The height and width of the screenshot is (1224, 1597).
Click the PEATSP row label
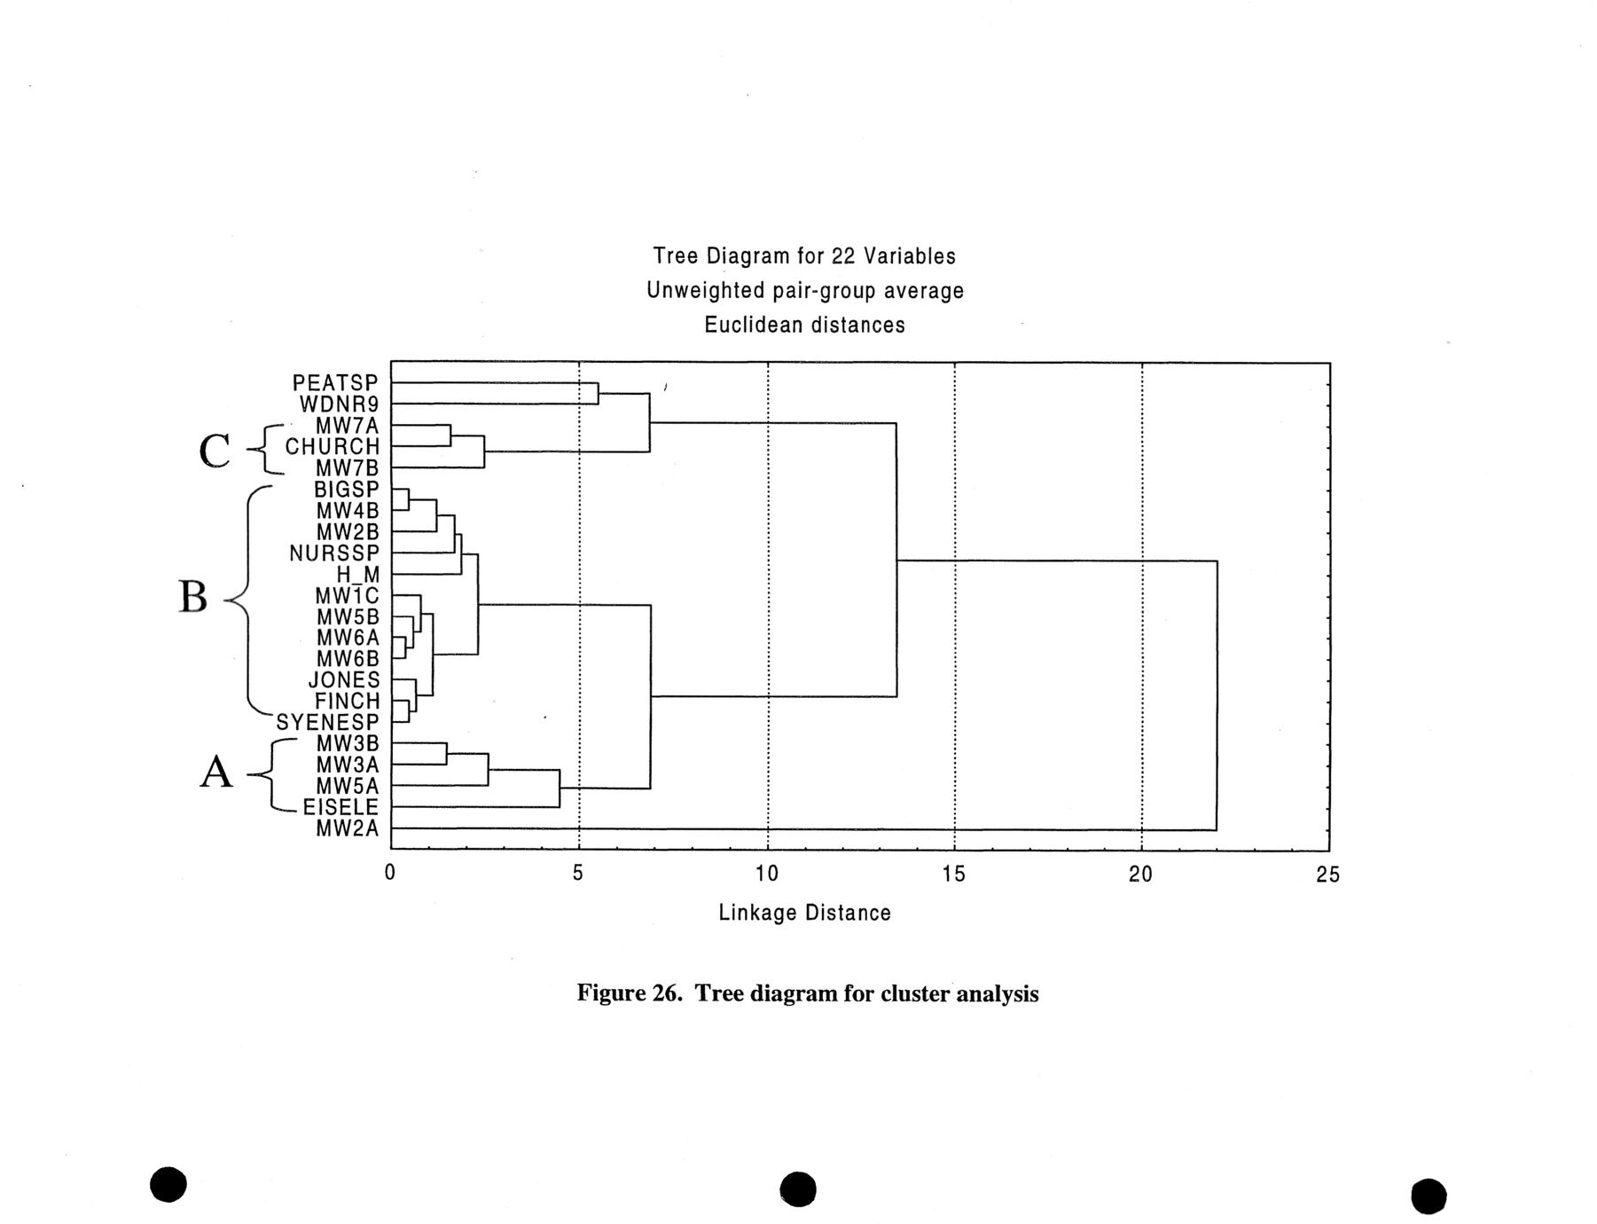point(335,383)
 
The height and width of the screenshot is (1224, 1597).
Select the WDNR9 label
point(339,404)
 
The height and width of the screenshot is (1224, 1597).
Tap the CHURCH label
point(332,447)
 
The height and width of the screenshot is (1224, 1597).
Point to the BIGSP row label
point(346,490)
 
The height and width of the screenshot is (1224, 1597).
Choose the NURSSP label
point(333,553)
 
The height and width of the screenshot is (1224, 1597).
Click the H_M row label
point(357,575)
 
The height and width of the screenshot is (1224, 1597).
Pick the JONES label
point(343,680)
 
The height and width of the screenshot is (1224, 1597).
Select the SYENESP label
point(327,723)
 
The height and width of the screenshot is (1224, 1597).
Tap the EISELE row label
point(341,807)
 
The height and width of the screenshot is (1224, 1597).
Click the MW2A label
point(347,828)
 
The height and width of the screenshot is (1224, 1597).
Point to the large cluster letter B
point(193,597)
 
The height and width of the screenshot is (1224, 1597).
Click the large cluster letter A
point(215,773)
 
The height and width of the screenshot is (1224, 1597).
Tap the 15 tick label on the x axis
point(954,875)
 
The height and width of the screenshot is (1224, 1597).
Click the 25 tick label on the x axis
point(1328,875)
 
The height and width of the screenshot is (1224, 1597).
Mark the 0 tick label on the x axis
point(390,874)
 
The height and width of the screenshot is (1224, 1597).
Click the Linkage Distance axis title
point(804,913)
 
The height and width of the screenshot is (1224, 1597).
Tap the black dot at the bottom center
point(798,1189)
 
